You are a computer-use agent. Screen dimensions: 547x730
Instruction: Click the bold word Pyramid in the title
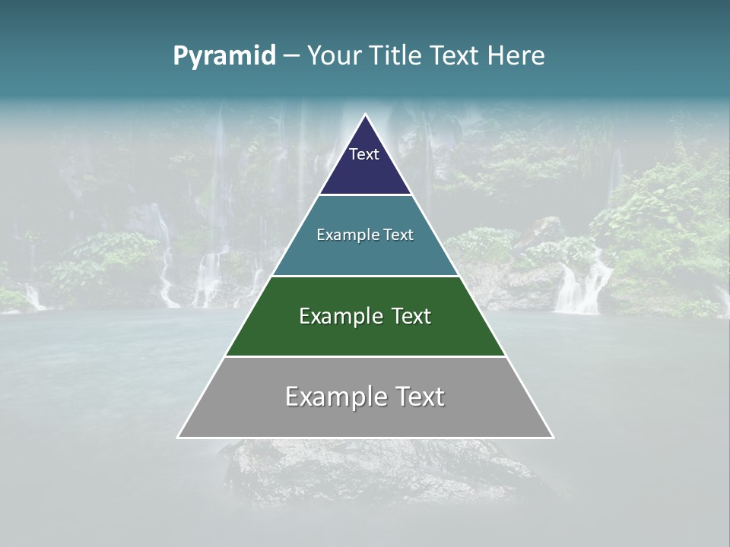click(224, 56)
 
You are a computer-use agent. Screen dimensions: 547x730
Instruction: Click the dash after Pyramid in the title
click(290, 56)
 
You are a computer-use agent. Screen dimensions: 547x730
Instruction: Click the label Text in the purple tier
click(364, 154)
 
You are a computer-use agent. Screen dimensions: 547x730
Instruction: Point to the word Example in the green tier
click(339, 316)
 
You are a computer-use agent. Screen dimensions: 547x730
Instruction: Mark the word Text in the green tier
click(411, 316)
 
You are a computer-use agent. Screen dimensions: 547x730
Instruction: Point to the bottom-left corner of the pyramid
click(179, 437)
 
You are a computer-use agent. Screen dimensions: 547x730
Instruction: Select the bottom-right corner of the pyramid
click(552, 437)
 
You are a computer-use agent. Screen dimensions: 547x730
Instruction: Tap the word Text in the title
click(454, 56)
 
